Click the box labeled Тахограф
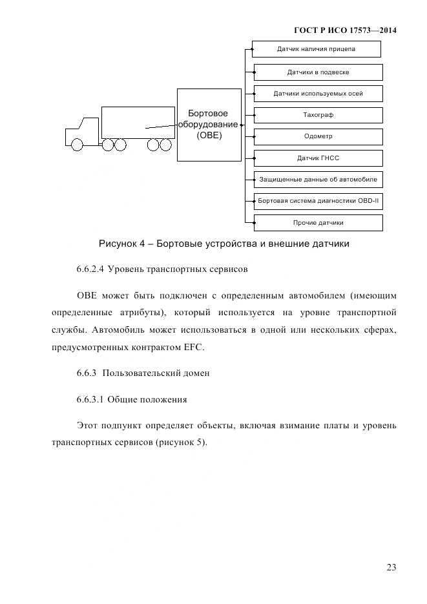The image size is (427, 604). pos(318,115)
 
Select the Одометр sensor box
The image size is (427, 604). pos(318,136)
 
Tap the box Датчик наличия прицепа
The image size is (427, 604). pos(316,49)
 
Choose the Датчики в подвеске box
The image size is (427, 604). pos(318,72)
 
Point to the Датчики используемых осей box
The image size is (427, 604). pos(318,94)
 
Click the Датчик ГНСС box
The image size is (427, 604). pos(318,158)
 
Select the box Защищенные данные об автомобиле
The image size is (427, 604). pos(318,180)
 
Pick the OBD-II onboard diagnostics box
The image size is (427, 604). pos(318,201)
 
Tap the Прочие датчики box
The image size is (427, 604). pos(318,223)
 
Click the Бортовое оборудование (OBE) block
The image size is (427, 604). pos(208,125)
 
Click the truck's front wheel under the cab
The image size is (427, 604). pos(77,145)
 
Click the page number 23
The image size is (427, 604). pos(391,567)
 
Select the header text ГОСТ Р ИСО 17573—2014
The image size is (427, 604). pos(345,30)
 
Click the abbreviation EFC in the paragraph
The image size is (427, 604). pos(193,348)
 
